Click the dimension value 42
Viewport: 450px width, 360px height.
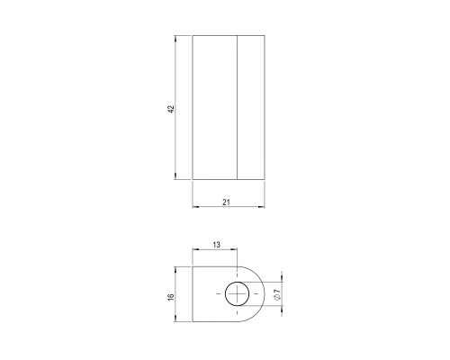click(171, 109)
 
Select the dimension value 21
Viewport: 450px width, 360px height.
click(226, 202)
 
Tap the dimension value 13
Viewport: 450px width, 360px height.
click(216, 245)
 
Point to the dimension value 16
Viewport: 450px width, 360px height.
click(171, 297)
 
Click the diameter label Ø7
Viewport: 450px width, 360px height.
click(277, 294)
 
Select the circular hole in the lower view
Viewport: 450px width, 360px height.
click(237, 294)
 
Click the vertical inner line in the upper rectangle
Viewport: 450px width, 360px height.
click(237, 107)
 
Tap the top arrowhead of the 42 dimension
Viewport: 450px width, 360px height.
click(175, 39)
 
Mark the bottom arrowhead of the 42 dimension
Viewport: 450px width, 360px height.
click(175, 176)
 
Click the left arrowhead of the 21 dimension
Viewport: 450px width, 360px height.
click(195, 207)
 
